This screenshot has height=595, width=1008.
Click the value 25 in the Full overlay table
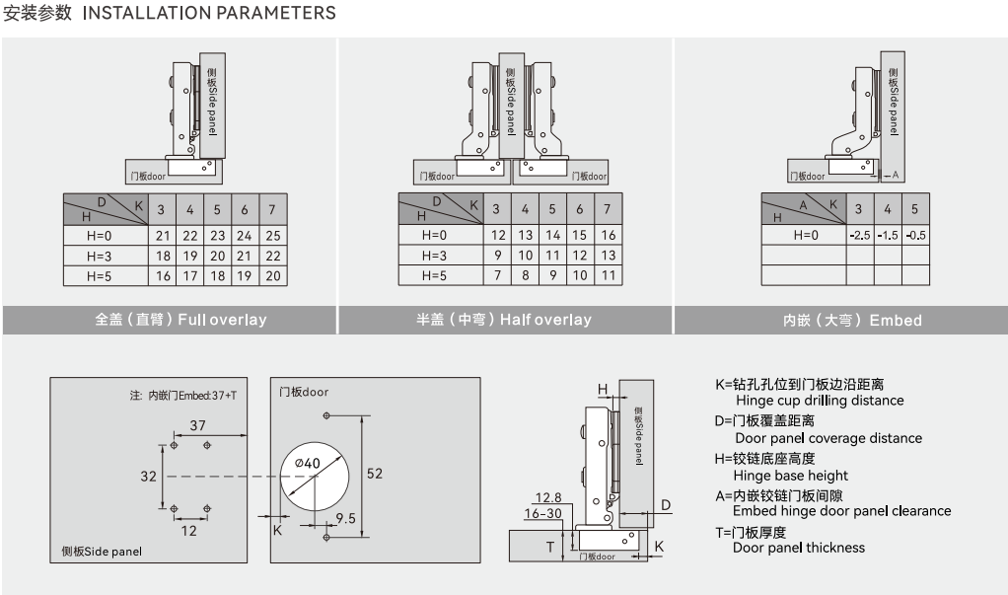point(273,236)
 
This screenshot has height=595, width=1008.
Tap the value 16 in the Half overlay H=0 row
point(608,236)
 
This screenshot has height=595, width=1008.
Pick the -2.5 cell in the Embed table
point(859,236)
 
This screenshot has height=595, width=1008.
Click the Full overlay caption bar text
point(180,320)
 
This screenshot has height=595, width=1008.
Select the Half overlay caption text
point(504,320)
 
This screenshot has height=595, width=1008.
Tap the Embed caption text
point(852,321)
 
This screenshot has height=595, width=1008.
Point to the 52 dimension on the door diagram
point(374,473)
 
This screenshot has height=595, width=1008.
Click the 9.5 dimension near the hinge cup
point(345,518)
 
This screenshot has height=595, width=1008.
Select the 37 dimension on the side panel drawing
point(197,425)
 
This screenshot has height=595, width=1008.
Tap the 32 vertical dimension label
point(149,476)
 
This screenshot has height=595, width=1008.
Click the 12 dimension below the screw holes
point(189,530)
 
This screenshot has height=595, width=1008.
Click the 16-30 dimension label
point(542,514)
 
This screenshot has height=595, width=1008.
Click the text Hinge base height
point(791,476)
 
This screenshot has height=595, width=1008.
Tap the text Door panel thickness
point(798,548)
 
